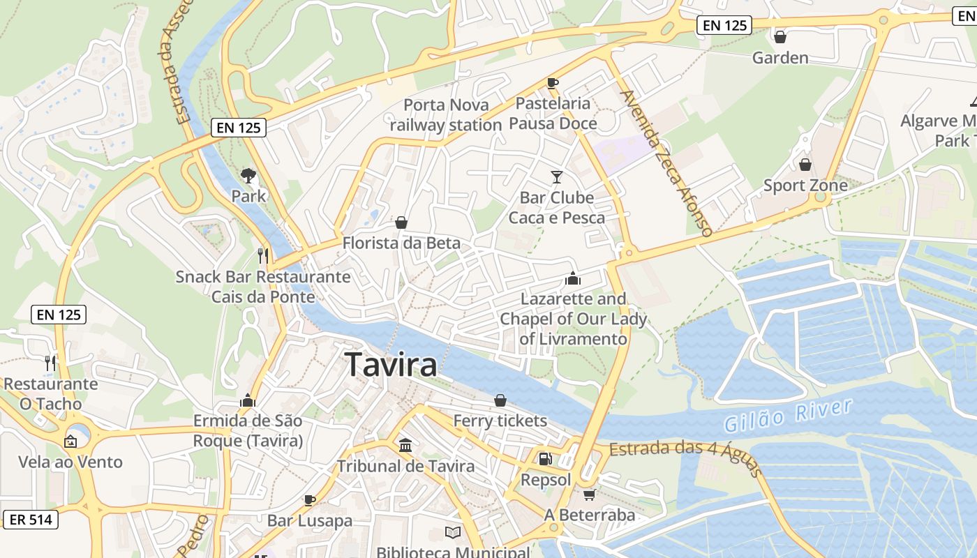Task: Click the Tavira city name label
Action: [391, 365]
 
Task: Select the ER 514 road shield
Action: [30, 520]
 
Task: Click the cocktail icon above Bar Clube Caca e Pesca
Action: [556, 177]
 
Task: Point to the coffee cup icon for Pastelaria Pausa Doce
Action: [553, 84]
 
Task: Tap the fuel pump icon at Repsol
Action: [545, 459]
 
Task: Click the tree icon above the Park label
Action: [248, 175]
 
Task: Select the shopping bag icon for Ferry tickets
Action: [500, 400]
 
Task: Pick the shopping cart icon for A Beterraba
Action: [589, 495]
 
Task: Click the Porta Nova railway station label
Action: [446, 115]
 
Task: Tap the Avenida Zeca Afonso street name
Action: [666, 163]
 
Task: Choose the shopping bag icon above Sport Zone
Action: [805, 165]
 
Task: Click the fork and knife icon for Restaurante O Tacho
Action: [50, 363]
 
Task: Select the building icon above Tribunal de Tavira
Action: [405, 445]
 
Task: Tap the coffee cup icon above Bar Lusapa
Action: [310, 499]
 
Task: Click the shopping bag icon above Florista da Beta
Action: [401, 223]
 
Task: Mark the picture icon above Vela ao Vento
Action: [70, 441]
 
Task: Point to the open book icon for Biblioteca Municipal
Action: [453, 533]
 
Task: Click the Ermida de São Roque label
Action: [248, 431]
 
